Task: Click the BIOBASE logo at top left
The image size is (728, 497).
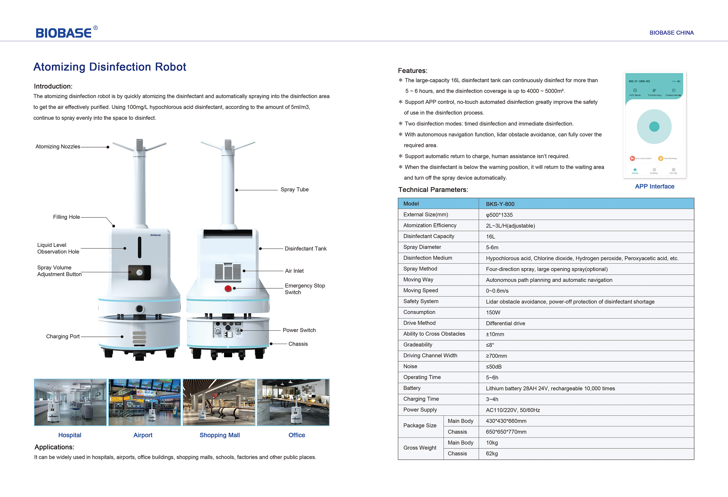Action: click(64, 33)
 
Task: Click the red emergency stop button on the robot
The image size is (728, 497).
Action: click(228, 288)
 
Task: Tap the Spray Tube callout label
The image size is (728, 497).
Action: click(295, 190)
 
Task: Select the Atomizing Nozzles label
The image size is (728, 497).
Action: click(58, 147)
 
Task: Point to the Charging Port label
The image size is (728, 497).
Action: click(63, 337)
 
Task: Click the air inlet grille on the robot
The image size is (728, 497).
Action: click(228, 272)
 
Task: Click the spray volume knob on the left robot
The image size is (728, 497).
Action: click(139, 272)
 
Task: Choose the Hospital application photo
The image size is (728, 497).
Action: click(70, 402)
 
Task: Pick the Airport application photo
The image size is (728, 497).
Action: click(144, 402)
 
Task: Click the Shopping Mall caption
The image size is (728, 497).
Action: click(220, 435)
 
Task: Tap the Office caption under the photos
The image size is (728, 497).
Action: click(296, 435)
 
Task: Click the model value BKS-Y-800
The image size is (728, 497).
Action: click(500, 204)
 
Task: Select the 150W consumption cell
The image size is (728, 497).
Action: click(493, 312)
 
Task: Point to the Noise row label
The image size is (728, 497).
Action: click(410, 367)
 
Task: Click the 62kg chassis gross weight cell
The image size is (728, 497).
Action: click(492, 454)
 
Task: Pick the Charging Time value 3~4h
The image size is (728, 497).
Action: click(492, 399)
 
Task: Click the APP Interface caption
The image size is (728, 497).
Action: click(655, 186)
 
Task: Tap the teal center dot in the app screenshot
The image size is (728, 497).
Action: click(654, 126)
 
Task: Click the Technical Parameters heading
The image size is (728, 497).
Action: click(433, 190)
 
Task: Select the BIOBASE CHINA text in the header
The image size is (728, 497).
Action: click(671, 33)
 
